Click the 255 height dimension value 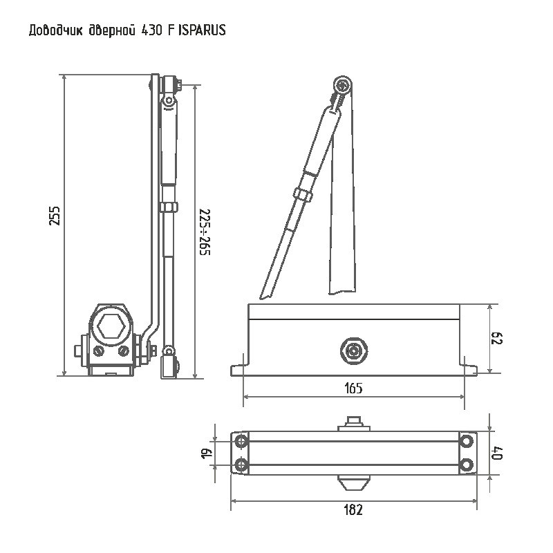point(55,216)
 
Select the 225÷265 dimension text point(205,232)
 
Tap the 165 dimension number point(353,388)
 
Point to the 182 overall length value point(353,509)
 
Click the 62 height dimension point(496,338)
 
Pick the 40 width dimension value point(496,453)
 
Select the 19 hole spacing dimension point(207,453)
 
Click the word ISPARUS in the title point(202,30)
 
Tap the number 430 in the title point(151,30)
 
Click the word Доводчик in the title point(56,30)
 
